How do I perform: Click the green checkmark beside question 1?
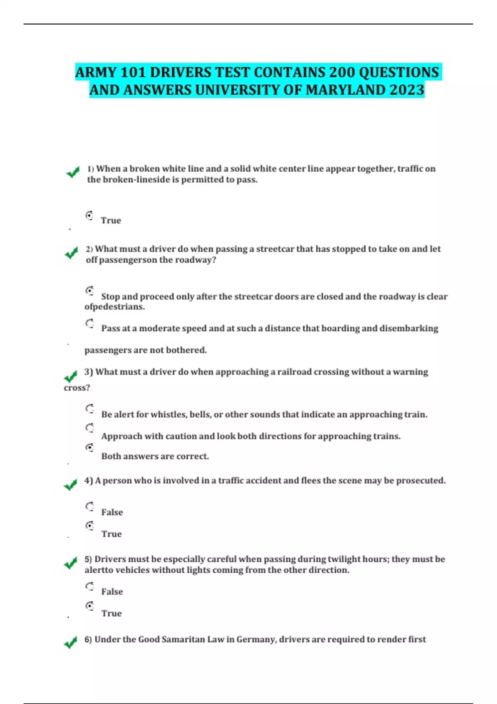(73, 172)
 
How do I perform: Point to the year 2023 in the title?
(407, 90)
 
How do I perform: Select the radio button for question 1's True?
(89, 215)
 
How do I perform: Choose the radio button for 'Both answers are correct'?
(89, 447)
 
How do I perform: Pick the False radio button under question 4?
(89, 506)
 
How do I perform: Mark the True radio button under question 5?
(89, 606)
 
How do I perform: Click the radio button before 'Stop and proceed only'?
(89, 291)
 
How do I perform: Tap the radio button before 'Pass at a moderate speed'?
(89, 323)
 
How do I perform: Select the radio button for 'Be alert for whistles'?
(89, 409)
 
